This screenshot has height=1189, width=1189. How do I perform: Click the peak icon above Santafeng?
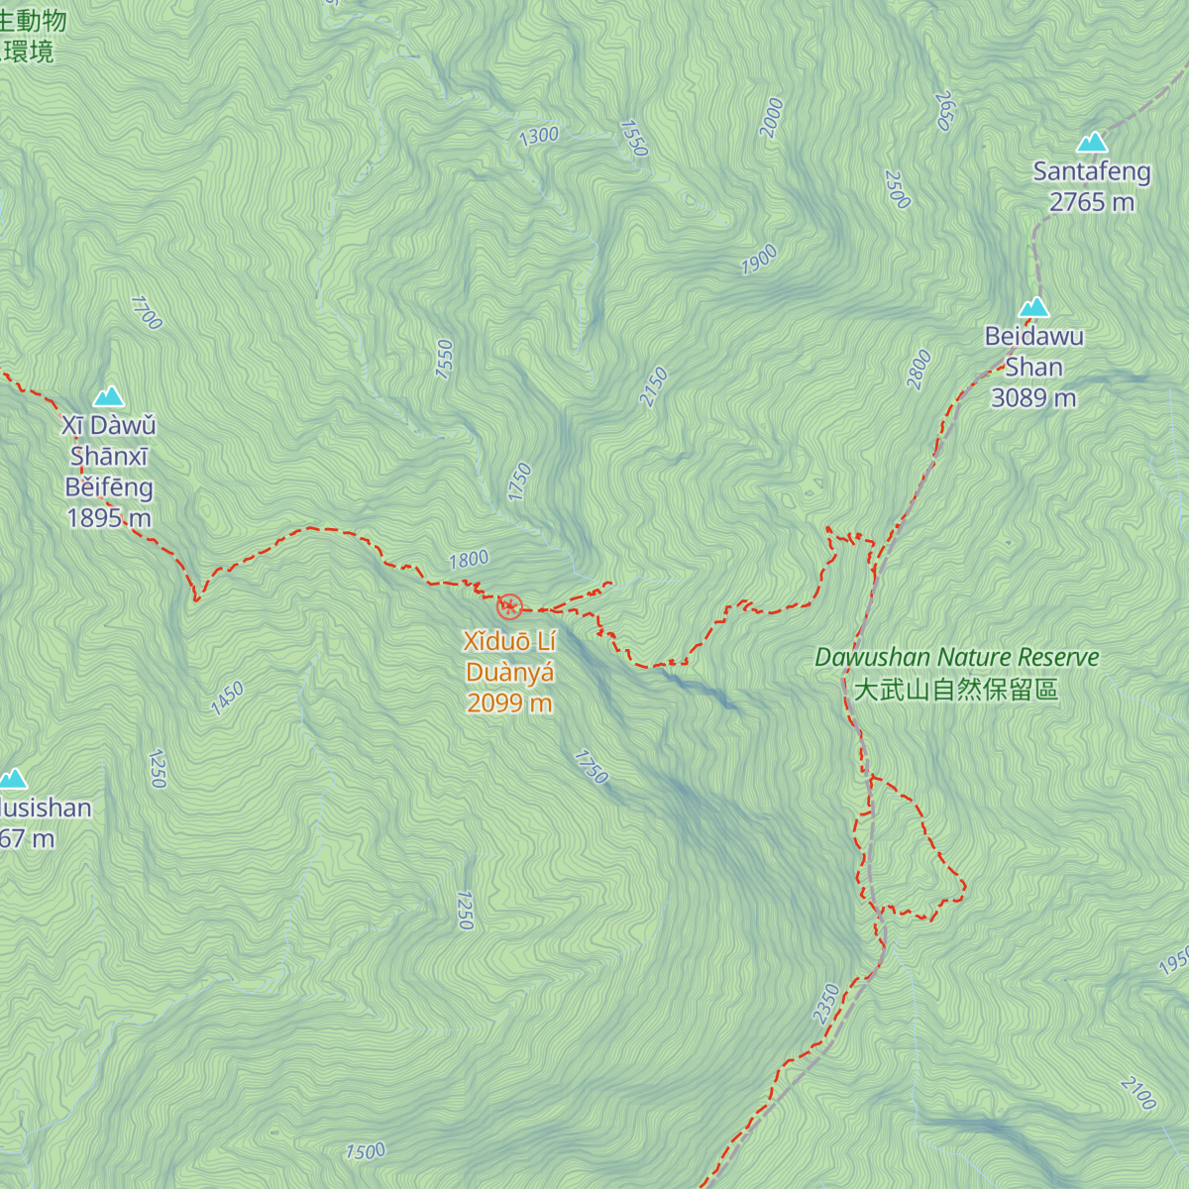[x=1092, y=143]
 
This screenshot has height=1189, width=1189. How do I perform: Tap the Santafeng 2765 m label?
[x=1092, y=186]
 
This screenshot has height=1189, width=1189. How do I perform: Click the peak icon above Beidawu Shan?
[x=1033, y=307]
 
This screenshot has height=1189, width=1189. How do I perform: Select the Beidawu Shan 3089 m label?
[x=1033, y=367]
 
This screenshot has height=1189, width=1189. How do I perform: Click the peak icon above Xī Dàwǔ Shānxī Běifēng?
[x=109, y=397]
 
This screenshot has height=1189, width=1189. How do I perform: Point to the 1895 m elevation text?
[x=109, y=518]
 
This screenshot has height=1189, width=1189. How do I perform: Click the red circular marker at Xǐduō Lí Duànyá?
[x=509, y=606]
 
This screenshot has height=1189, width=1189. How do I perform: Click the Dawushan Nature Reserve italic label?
[x=956, y=658]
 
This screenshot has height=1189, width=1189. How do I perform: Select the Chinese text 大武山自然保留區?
[x=956, y=690]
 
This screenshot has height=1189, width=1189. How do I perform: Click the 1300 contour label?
[x=539, y=137]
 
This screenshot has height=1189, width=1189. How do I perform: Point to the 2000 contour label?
[x=772, y=119]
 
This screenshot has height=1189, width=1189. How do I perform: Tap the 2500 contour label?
[x=897, y=189]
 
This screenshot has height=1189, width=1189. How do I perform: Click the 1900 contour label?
[x=759, y=261]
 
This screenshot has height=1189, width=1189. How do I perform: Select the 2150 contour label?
[x=654, y=387]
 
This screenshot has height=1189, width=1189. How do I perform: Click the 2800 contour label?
[x=919, y=370]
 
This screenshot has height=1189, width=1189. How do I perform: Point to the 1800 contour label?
[x=469, y=560]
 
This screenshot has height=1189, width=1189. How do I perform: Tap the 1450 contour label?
[x=227, y=699]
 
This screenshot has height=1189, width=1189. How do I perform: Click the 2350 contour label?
[x=826, y=1004]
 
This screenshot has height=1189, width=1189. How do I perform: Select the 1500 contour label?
[x=365, y=1151]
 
